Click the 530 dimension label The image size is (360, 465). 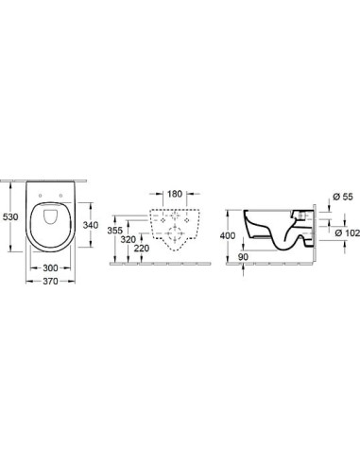pyautogui.click(x=10, y=216)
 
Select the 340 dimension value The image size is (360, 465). pyautogui.click(x=91, y=225)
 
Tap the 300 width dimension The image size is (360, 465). pyautogui.click(x=50, y=267)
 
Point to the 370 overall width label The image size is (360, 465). pyautogui.click(x=50, y=281)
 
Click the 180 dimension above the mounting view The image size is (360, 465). pyautogui.click(x=175, y=194)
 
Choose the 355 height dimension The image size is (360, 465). pyautogui.click(x=115, y=231)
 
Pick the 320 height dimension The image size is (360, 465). pyautogui.click(x=129, y=239)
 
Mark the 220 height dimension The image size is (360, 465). pyautogui.click(x=142, y=249)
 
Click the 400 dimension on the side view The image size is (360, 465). pyautogui.click(x=228, y=235)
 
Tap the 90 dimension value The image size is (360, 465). pyautogui.click(x=243, y=257)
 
